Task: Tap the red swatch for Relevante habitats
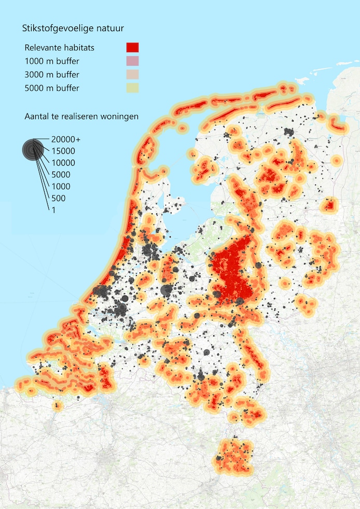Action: coord(132,48)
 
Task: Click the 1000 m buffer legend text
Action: coord(52,61)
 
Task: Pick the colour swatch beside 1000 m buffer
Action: coord(132,61)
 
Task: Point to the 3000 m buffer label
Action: coord(52,75)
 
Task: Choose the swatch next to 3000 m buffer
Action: coord(132,75)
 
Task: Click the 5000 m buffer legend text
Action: coord(52,88)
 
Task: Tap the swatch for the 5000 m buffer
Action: coord(132,88)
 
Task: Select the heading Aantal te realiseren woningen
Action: coord(81,116)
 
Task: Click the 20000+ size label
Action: coord(66,139)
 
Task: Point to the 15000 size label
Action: coord(63,151)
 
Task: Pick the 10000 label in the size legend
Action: coord(63,163)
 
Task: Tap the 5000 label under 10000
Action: coord(61,175)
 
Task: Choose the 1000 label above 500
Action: coord(61,187)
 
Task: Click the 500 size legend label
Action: coord(58,198)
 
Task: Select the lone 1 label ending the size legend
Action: coord(53,209)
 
